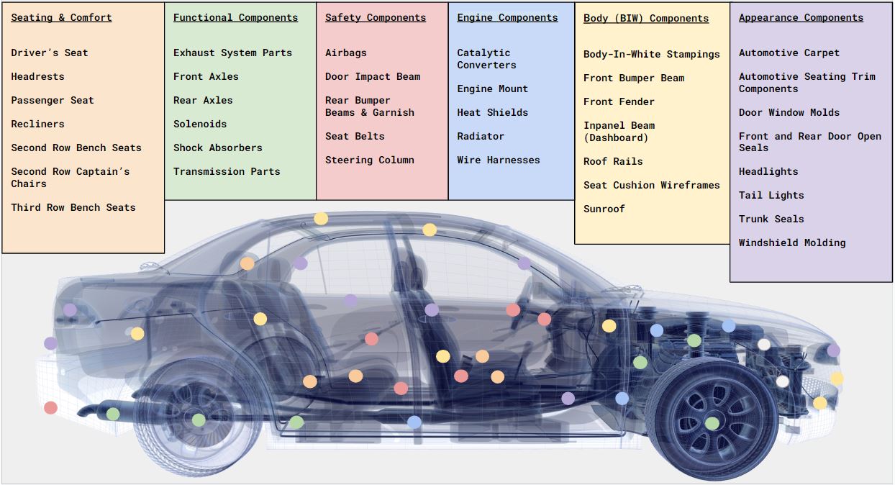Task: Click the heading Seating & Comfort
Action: click(x=61, y=17)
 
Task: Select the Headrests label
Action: click(x=37, y=76)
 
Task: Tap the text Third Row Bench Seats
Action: click(x=73, y=207)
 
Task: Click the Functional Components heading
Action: click(x=235, y=17)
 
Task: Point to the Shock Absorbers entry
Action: click(x=218, y=148)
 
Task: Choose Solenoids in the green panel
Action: click(x=200, y=124)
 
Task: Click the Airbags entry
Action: click(x=345, y=53)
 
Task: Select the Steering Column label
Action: click(x=370, y=160)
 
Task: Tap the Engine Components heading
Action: click(x=507, y=17)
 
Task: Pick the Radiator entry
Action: click(x=481, y=136)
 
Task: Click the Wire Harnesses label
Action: click(x=499, y=160)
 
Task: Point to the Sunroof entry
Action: click(x=604, y=209)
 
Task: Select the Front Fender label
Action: click(x=619, y=102)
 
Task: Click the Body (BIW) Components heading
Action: click(x=646, y=19)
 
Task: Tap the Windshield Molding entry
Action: click(x=792, y=242)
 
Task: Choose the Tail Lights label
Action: click(x=771, y=195)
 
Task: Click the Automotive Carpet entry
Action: click(x=789, y=53)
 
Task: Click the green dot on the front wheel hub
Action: click(x=712, y=423)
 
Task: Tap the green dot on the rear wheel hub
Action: click(x=199, y=420)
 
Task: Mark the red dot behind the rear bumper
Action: click(x=51, y=408)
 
